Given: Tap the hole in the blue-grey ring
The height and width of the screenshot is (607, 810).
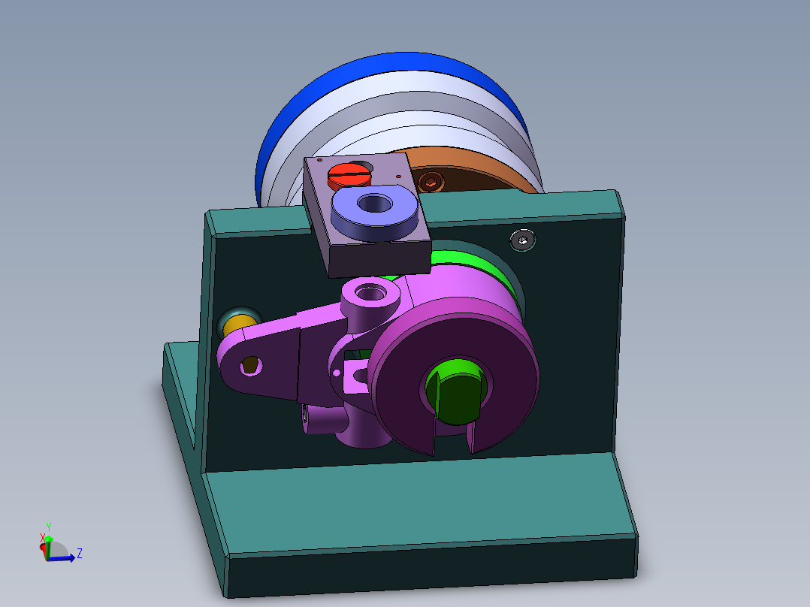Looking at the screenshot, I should point(373,202).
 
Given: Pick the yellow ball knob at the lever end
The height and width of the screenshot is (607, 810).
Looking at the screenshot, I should point(234,325).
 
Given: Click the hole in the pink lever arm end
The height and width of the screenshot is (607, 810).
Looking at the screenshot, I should point(250,366).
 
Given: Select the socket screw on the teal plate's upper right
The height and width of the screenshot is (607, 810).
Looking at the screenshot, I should point(523,240).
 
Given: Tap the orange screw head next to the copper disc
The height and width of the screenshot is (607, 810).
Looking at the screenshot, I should point(431,181).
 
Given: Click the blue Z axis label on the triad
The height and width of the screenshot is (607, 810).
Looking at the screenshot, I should point(79,554).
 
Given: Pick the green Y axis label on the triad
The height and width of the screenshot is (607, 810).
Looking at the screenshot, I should point(47,526).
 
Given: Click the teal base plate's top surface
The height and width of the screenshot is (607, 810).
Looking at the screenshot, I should point(421,503).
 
